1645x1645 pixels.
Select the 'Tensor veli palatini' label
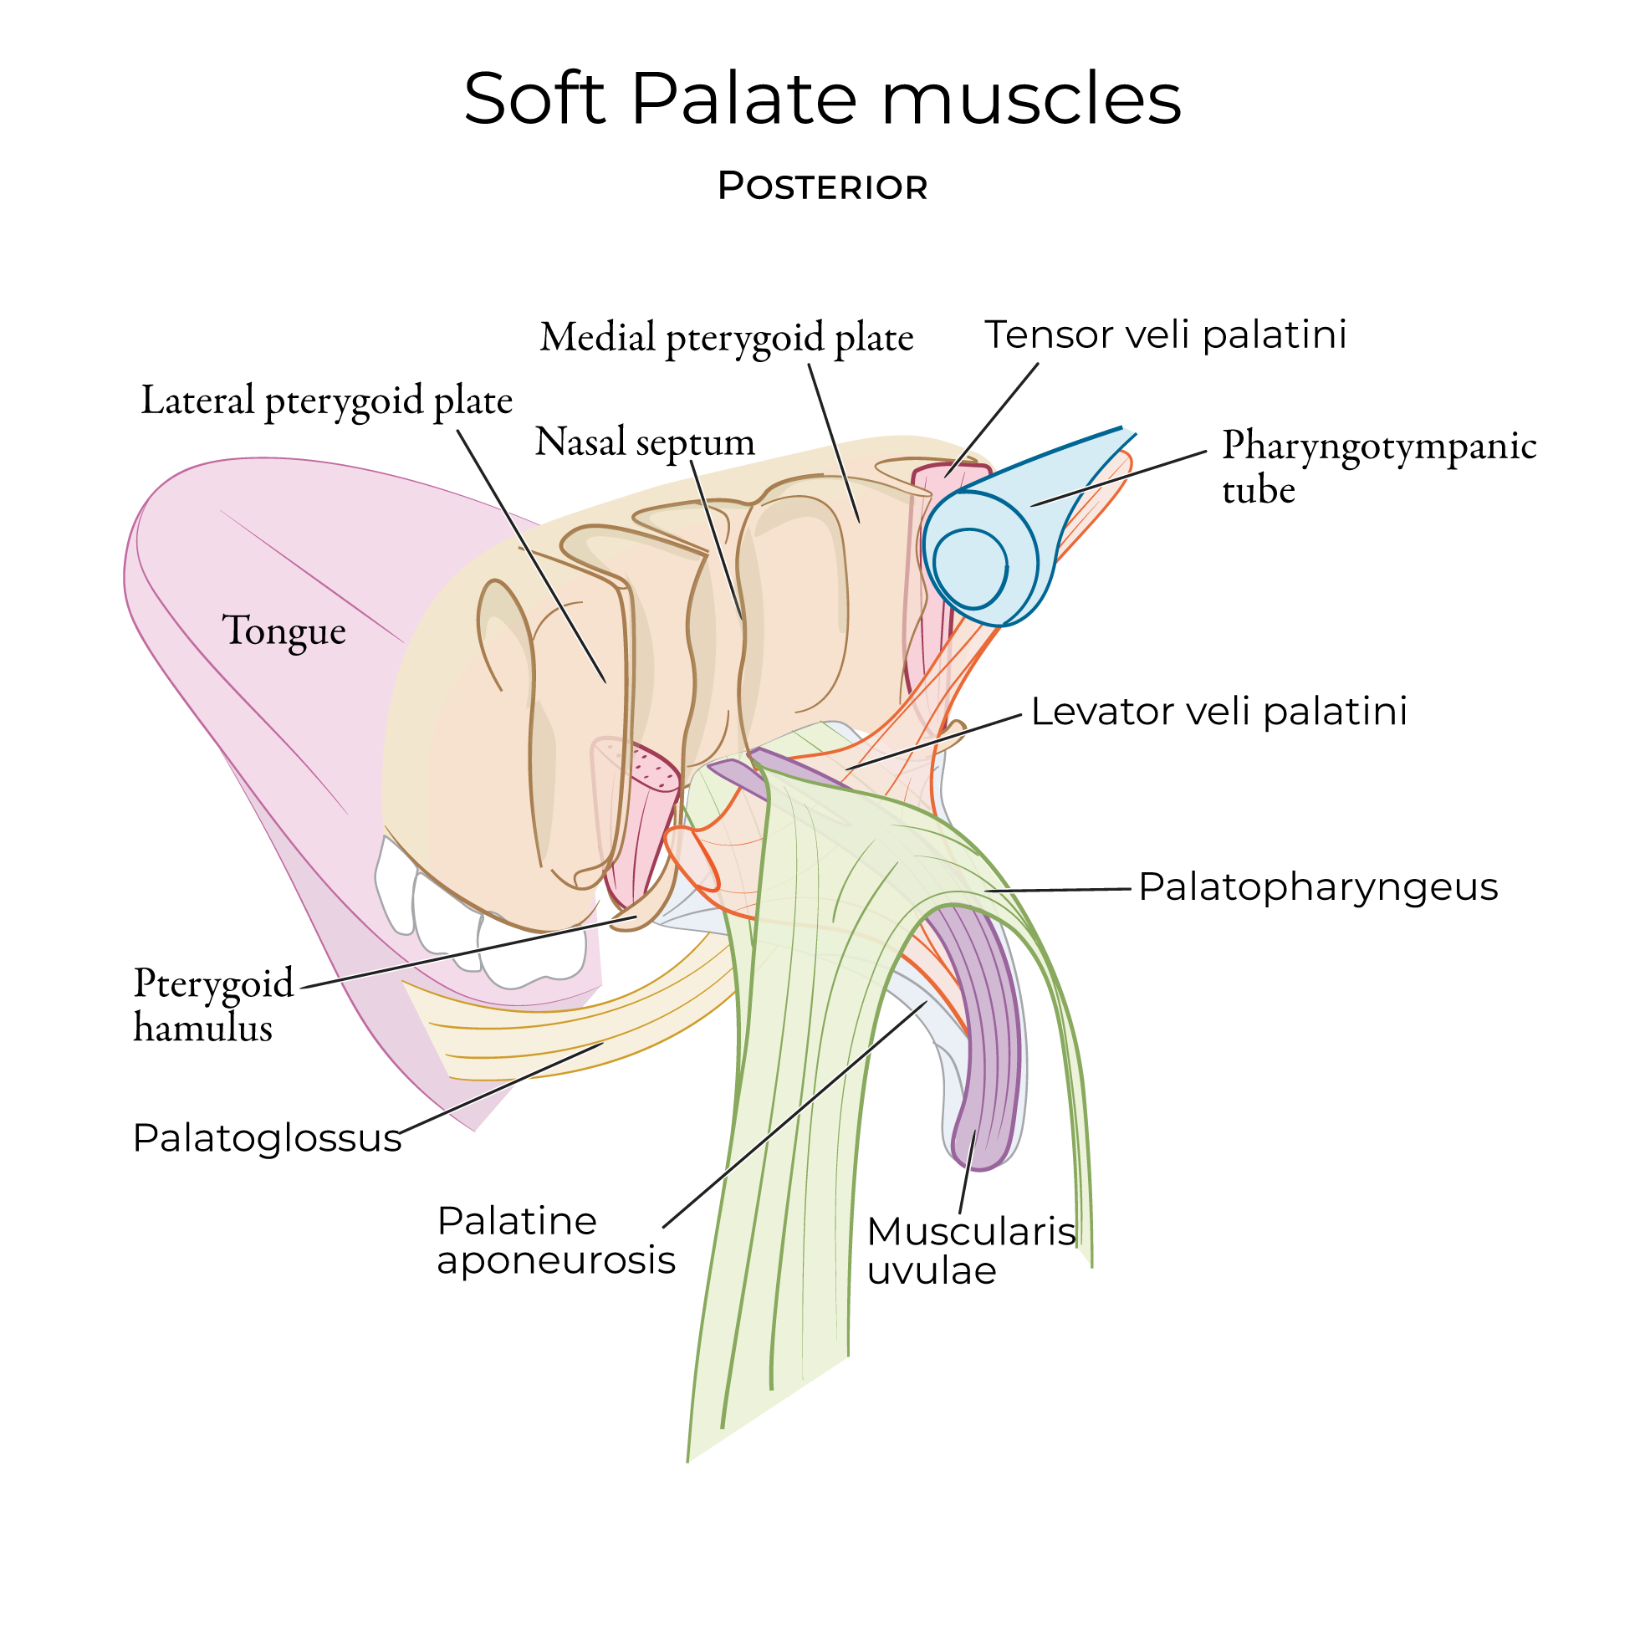(1165, 335)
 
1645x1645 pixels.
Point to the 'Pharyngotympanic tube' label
(1377, 467)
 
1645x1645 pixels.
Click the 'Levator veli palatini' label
(1218, 711)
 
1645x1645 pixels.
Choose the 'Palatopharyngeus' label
(1317, 886)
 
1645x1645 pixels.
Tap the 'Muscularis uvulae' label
(971, 1251)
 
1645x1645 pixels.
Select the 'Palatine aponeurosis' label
(555, 1240)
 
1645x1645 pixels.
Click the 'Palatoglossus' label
(267, 1137)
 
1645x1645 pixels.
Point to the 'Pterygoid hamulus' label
(213, 1004)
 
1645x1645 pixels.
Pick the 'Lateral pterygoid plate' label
(326, 401)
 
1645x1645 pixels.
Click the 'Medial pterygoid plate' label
(726, 337)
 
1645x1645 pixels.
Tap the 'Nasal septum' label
(645, 442)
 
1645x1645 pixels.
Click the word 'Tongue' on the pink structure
(284, 631)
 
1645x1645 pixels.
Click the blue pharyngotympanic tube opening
(971, 568)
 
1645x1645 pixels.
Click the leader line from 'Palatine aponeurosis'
(792, 1116)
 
